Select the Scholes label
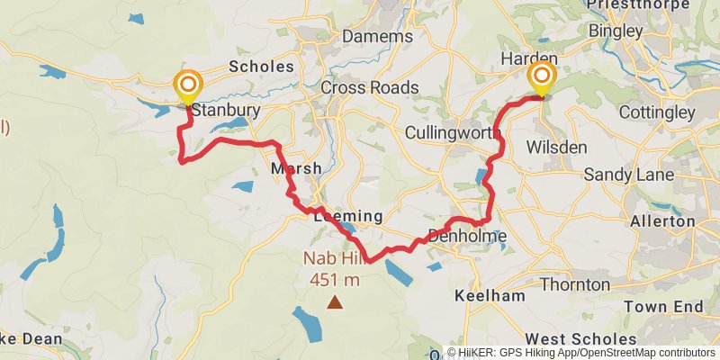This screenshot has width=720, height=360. point(262,67)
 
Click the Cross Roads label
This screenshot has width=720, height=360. point(369,87)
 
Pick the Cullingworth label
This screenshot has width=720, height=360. point(453,132)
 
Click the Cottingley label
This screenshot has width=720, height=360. point(657,112)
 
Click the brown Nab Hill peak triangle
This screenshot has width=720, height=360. point(335,303)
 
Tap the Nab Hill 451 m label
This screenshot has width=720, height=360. point(335,271)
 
